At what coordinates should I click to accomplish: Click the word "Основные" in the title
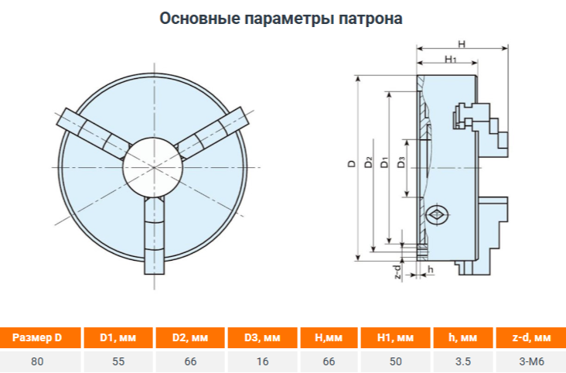click(199, 18)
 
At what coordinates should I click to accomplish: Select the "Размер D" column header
click(38, 337)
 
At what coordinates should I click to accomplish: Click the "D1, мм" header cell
click(118, 337)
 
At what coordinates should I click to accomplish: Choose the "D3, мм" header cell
click(262, 337)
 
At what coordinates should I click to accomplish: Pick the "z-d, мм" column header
click(531, 337)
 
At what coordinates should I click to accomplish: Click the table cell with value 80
click(38, 361)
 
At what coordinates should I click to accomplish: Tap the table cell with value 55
click(118, 361)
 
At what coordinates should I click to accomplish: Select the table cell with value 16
click(262, 361)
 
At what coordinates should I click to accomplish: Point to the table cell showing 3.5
click(463, 361)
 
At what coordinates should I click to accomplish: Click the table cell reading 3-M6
click(531, 361)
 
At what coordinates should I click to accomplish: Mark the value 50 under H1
click(396, 361)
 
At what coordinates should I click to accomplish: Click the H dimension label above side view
click(462, 44)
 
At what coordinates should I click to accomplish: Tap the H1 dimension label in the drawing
click(450, 59)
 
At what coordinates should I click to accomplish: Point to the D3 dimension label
click(401, 163)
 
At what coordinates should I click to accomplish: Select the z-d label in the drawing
click(397, 272)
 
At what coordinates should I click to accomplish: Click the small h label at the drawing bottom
click(430, 269)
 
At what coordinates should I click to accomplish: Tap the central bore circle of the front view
click(153, 167)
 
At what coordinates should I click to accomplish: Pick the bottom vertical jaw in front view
click(155, 236)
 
